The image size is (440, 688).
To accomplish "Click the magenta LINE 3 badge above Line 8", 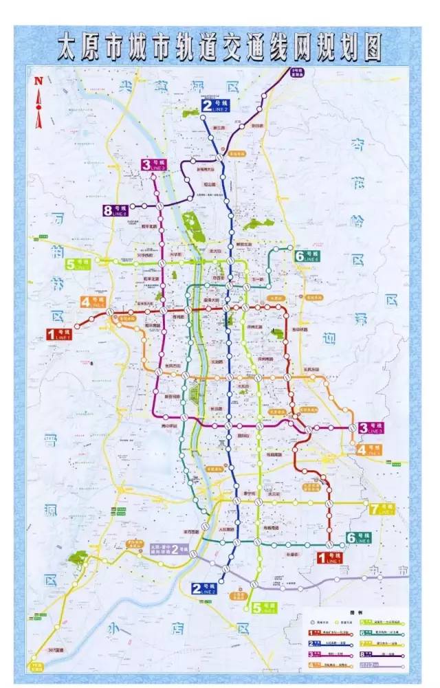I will coord(154,165).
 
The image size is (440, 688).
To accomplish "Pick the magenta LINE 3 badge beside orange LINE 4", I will coord(371,428).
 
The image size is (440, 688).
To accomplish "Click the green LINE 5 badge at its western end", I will coord(78,264).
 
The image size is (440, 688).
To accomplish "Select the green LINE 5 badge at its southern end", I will coord(263,608).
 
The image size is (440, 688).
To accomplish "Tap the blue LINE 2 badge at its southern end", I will coord(204,588).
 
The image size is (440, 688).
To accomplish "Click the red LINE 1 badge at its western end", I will coord(60,335).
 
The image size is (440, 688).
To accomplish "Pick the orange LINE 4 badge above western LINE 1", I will coord(93,302).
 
